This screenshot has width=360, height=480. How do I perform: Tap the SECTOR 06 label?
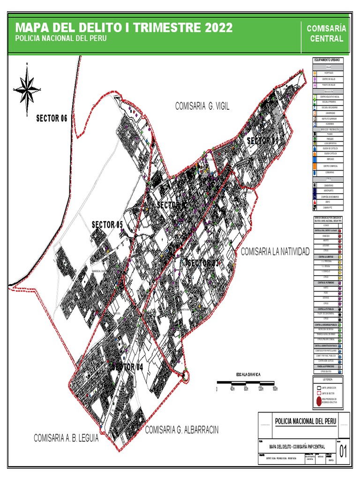[52, 118]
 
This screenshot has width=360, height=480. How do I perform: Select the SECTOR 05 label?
[107, 224]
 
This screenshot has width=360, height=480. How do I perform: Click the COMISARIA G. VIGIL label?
[202, 106]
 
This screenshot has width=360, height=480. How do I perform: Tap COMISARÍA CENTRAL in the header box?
[326, 33]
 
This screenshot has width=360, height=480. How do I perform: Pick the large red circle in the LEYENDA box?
[318, 401]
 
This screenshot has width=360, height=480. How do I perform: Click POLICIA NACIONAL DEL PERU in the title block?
[305, 421]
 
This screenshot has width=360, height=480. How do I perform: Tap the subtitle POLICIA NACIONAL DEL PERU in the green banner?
[58, 38]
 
